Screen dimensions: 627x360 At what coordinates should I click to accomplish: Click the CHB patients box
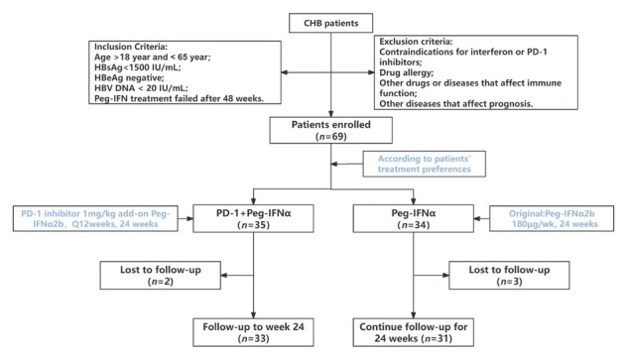(330, 23)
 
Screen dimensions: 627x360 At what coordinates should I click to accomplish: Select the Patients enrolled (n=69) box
(330, 130)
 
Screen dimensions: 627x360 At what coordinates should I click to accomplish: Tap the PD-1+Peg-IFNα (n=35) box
(253, 218)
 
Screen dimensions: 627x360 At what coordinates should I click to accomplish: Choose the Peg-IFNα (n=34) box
(413, 218)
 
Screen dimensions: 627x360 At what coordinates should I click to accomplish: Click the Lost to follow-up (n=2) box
(161, 276)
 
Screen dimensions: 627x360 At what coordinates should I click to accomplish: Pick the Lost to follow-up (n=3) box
(509, 276)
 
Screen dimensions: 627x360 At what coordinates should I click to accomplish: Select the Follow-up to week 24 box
(253, 332)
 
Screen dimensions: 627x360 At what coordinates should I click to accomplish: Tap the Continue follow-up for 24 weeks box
(413, 332)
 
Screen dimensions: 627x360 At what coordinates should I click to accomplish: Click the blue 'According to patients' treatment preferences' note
(425, 164)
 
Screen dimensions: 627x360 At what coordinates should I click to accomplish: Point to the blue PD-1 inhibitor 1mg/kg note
(95, 218)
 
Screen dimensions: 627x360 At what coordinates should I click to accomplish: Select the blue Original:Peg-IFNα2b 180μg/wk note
(552, 218)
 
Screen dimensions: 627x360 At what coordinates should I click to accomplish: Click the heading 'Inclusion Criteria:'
(131, 47)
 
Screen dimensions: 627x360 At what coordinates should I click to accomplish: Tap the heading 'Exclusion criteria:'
(416, 42)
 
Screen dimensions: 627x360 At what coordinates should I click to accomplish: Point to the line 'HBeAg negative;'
(129, 77)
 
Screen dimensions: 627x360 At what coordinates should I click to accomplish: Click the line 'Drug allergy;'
(407, 72)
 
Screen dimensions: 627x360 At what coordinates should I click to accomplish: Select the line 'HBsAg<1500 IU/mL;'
(138, 67)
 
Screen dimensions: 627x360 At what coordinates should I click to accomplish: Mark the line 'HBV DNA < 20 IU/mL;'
(141, 88)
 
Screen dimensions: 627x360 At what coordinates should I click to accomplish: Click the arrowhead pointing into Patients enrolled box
(330, 114)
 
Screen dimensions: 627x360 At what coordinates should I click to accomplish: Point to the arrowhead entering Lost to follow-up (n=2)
(224, 276)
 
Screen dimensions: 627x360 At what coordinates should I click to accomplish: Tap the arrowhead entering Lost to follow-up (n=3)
(445, 276)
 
